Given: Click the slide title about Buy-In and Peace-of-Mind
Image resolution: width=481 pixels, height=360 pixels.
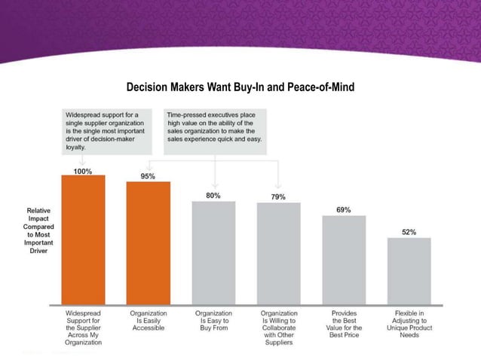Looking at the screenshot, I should [241, 89].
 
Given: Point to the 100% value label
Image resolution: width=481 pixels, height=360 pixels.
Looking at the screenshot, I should [83, 172].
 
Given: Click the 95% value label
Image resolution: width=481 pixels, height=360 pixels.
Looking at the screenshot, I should [148, 176].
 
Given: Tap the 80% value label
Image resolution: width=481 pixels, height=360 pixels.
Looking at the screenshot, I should [213, 195].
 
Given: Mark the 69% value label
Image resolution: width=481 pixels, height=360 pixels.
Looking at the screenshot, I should [343, 209].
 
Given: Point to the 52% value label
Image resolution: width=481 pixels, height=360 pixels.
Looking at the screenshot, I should [409, 232].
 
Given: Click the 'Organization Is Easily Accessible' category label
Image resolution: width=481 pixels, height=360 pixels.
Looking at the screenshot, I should [148, 317].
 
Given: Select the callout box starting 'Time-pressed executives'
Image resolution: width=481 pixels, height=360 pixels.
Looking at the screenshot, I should [214, 131].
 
